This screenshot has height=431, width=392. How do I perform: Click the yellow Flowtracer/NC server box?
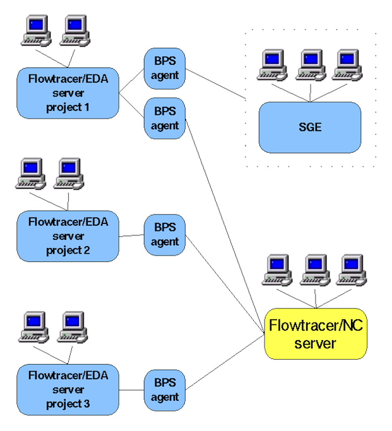point(315,334)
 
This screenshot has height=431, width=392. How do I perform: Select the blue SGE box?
point(309,127)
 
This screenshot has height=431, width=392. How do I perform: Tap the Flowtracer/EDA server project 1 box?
point(68,93)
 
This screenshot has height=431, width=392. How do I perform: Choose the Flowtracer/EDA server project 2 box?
point(68,236)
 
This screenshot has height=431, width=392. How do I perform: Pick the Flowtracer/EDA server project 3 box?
point(68,389)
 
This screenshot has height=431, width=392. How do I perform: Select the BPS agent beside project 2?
point(165,235)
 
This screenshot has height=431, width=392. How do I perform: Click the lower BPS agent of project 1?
point(165,118)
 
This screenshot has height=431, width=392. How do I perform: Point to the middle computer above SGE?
point(310,64)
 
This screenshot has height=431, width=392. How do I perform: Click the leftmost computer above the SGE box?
point(272,64)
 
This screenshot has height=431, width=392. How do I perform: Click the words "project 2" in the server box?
point(68,250)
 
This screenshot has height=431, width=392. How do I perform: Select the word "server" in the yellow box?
point(315,344)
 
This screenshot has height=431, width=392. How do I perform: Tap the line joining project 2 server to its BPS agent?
point(131,235)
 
